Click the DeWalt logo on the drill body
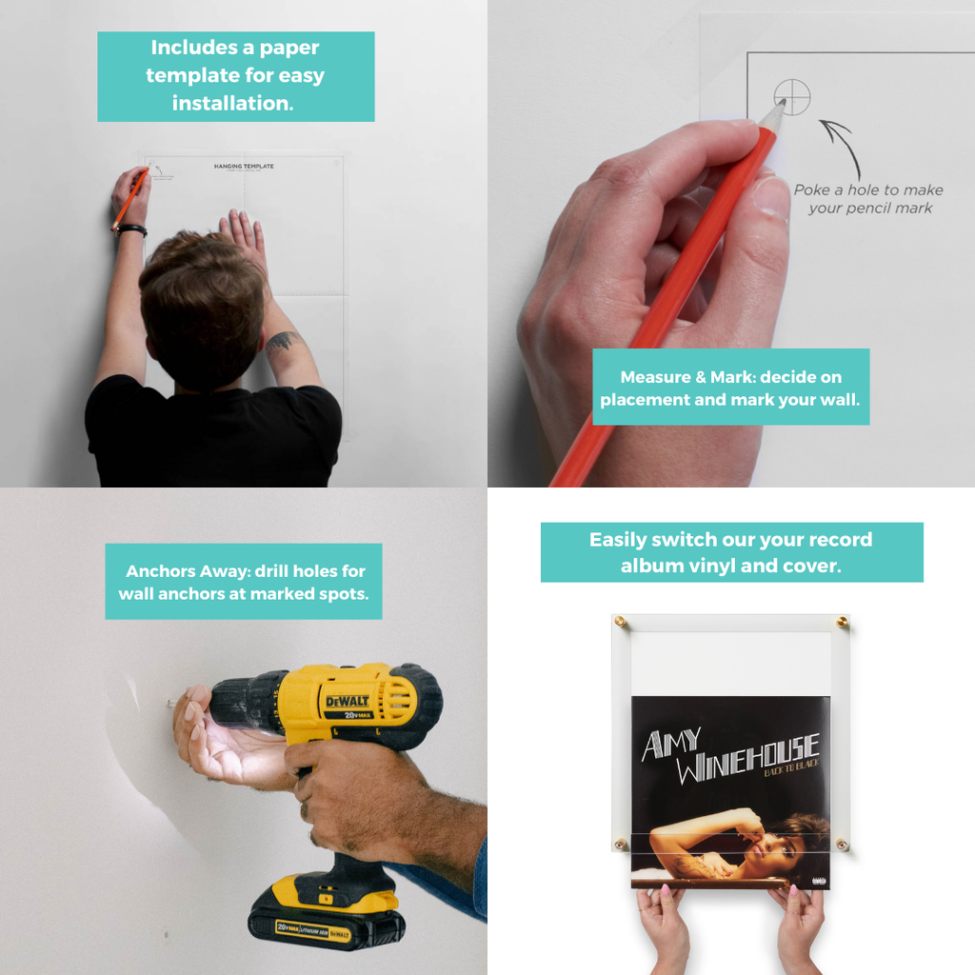(348, 703)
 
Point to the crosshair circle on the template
(792, 96)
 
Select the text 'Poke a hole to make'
(868, 189)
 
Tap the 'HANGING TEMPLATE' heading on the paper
(244, 166)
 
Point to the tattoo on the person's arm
(283, 341)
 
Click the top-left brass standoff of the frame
(621, 622)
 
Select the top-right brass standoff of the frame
(842, 622)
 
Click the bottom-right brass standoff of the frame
(842, 844)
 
